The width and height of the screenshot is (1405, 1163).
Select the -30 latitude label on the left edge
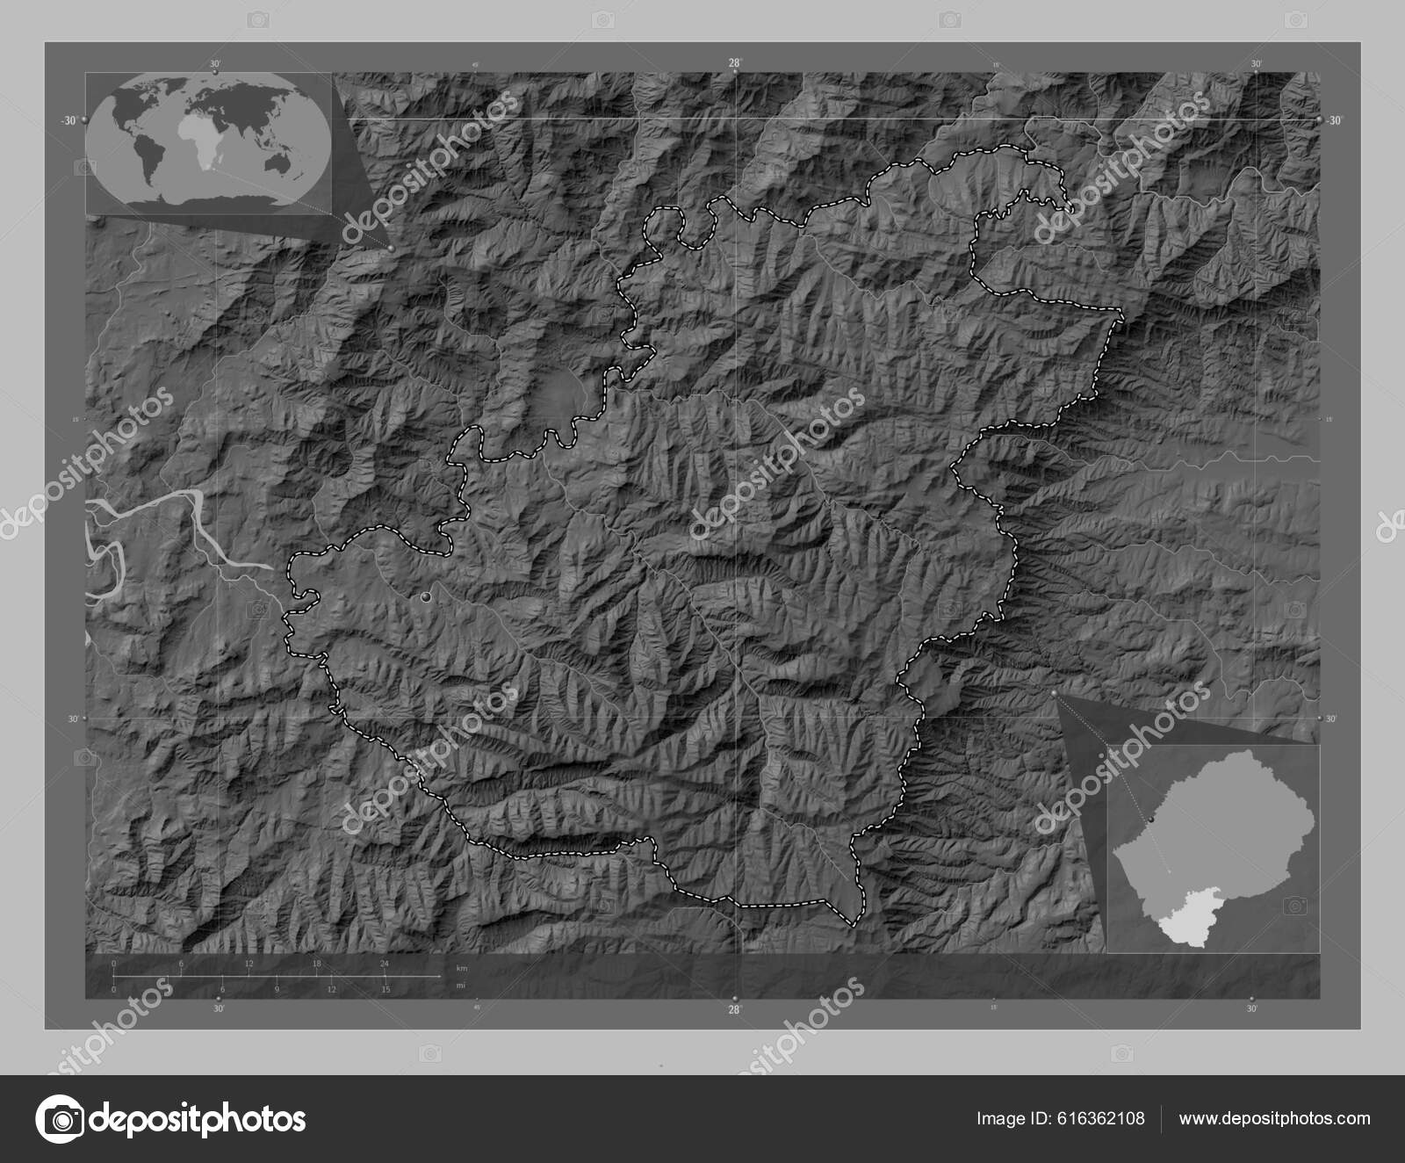click(68, 121)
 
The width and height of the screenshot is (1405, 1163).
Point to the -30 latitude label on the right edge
click(1334, 121)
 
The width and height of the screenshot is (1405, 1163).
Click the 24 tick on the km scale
click(384, 964)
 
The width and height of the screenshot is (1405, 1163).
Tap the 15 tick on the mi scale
click(385, 989)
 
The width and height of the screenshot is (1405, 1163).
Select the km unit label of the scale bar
click(462, 967)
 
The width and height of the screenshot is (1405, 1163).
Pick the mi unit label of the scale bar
click(460, 986)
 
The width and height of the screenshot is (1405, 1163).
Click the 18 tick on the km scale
click(316, 964)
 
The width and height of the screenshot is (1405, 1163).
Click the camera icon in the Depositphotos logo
click(62, 1119)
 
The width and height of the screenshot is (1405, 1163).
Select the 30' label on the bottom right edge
click(1251, 1009)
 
